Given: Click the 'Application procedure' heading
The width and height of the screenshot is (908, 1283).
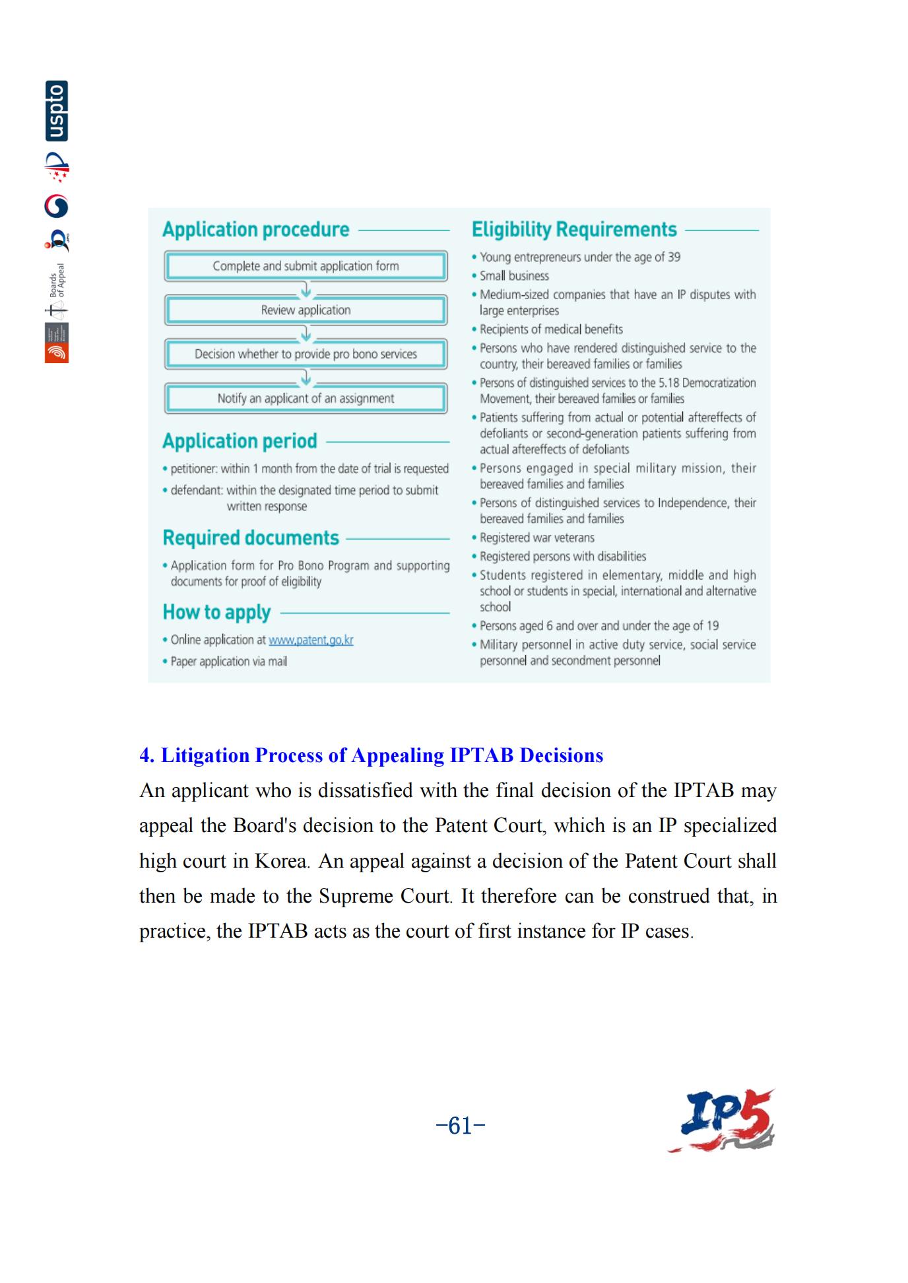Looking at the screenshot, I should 255,230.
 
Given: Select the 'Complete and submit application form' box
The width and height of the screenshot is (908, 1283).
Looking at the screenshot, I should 306,266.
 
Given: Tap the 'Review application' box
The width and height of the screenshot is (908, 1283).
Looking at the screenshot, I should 306,310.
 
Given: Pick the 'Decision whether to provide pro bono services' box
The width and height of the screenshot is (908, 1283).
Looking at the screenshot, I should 306,354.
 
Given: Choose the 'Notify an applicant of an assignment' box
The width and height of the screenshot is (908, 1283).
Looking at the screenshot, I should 306,398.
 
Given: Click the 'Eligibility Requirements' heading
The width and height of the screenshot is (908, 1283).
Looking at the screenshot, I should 573,230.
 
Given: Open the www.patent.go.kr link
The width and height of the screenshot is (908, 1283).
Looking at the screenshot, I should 311,640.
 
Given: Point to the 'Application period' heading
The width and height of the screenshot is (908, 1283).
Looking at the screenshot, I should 240,441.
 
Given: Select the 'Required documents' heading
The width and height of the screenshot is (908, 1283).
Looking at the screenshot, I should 251,538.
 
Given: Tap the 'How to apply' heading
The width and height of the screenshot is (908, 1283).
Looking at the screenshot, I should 216,613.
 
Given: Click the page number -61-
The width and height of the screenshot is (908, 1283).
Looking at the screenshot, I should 461,1125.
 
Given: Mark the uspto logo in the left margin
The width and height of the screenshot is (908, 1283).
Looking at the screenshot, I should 57,111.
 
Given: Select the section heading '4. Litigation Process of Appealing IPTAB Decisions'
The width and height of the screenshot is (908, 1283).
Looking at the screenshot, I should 371,755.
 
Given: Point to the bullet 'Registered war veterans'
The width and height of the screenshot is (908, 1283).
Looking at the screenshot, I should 536,538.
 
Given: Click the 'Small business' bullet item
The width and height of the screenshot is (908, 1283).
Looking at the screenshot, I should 514,276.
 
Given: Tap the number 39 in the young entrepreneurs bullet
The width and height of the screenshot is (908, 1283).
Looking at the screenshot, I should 674,258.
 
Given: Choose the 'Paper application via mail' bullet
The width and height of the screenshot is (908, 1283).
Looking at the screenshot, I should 228,662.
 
